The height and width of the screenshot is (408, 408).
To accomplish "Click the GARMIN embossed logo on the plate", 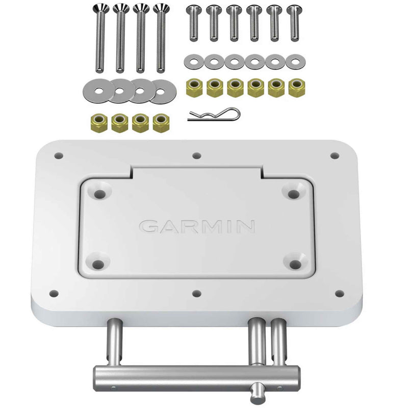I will coord(197,226).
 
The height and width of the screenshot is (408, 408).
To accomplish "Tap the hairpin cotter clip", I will coord(213,114).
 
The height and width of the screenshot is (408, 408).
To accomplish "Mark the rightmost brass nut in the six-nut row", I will coord(295,87).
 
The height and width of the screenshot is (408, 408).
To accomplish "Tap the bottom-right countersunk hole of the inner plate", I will coord(295,264).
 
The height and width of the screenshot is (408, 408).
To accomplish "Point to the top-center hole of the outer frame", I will coord(197,155).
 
